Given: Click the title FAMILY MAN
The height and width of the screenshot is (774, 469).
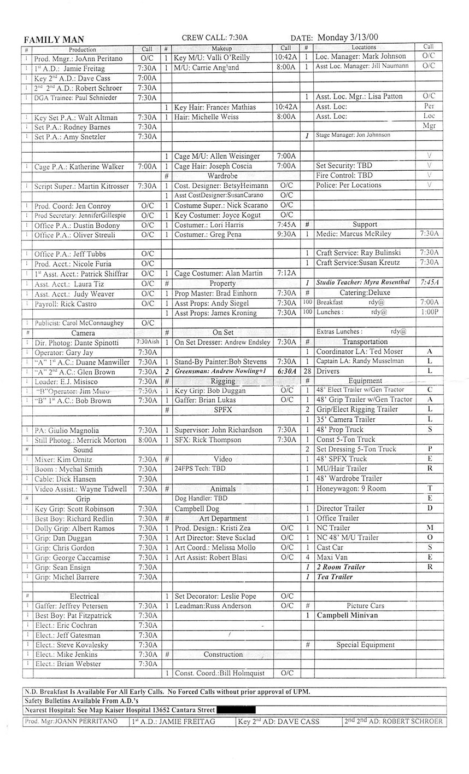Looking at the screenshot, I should pos(54,39).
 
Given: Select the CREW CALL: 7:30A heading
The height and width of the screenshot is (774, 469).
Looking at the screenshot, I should pos(214,37).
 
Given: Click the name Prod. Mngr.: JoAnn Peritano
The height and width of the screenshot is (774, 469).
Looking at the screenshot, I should pos(78,59).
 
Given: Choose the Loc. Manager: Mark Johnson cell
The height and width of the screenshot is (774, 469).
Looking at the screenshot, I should pos(361,56).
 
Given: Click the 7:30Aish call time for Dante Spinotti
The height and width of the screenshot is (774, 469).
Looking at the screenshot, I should pos(147,342).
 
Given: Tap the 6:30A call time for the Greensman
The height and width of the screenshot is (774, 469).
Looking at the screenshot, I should pos(286,371).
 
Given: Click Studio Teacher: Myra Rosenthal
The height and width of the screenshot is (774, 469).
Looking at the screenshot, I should pos(362,282).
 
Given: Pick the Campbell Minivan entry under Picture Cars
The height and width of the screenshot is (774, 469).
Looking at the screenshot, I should pos(347,615).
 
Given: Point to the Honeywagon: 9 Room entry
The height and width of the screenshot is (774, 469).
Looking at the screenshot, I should pos(350,488).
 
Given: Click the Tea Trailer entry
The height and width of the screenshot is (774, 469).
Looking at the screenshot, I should pos(335,577).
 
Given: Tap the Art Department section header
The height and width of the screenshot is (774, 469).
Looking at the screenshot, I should pos(222,518).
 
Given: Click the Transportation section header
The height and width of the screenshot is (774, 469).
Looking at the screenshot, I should pos(365,342).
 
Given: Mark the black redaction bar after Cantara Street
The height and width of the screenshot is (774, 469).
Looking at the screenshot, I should pos(236,710).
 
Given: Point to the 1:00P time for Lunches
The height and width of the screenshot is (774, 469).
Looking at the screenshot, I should pos(428,312).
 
